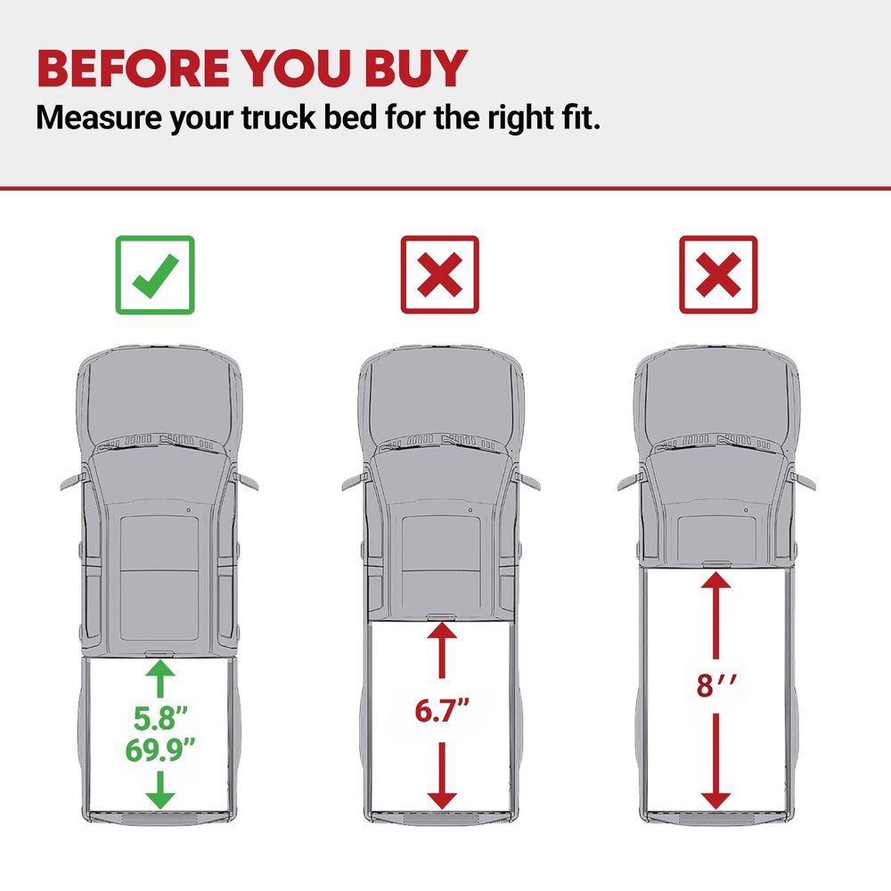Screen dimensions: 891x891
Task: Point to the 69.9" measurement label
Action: click(160, 749)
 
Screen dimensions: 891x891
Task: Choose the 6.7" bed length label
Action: click(442, 710)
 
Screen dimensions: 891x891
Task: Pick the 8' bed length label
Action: click(716, 685)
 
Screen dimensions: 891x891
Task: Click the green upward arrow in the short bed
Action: click(160, 678)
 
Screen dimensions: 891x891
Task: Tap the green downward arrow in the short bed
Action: click(160, 789)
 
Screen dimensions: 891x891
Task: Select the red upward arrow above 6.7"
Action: click(442, 650)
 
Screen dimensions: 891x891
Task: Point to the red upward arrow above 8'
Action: click(715, 616)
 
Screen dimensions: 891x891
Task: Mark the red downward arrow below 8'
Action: click(715, 762)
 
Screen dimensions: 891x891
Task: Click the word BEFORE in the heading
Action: click(133, 69)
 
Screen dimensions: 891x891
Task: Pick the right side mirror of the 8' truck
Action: click(802, 481)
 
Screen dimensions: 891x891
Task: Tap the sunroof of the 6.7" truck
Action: click(441, 562)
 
